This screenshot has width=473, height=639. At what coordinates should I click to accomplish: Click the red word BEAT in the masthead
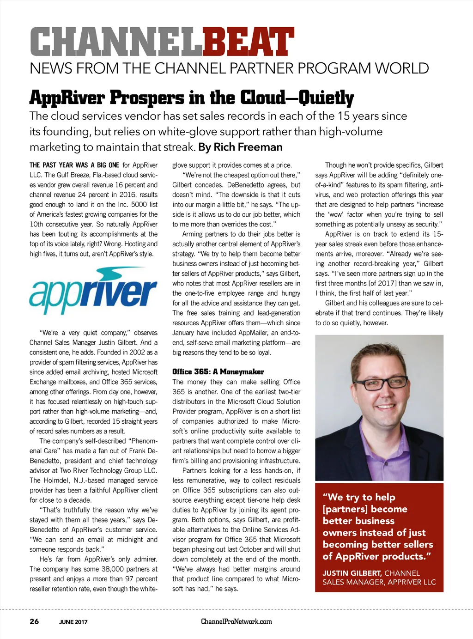tap(248, 43)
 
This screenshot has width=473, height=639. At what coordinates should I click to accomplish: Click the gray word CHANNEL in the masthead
tap(116, 43)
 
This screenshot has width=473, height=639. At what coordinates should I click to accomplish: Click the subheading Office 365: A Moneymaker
tap(218, 372)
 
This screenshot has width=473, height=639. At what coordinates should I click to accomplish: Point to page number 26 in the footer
tap(34, 621)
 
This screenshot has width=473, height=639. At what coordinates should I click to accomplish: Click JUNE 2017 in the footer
tap(73, 622)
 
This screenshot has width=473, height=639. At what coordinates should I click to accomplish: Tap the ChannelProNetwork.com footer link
tap(236, 621)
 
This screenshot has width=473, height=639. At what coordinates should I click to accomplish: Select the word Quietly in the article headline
tap(326, 97)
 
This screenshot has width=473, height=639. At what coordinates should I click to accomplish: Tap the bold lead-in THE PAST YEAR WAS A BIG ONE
tap(74, 165)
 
